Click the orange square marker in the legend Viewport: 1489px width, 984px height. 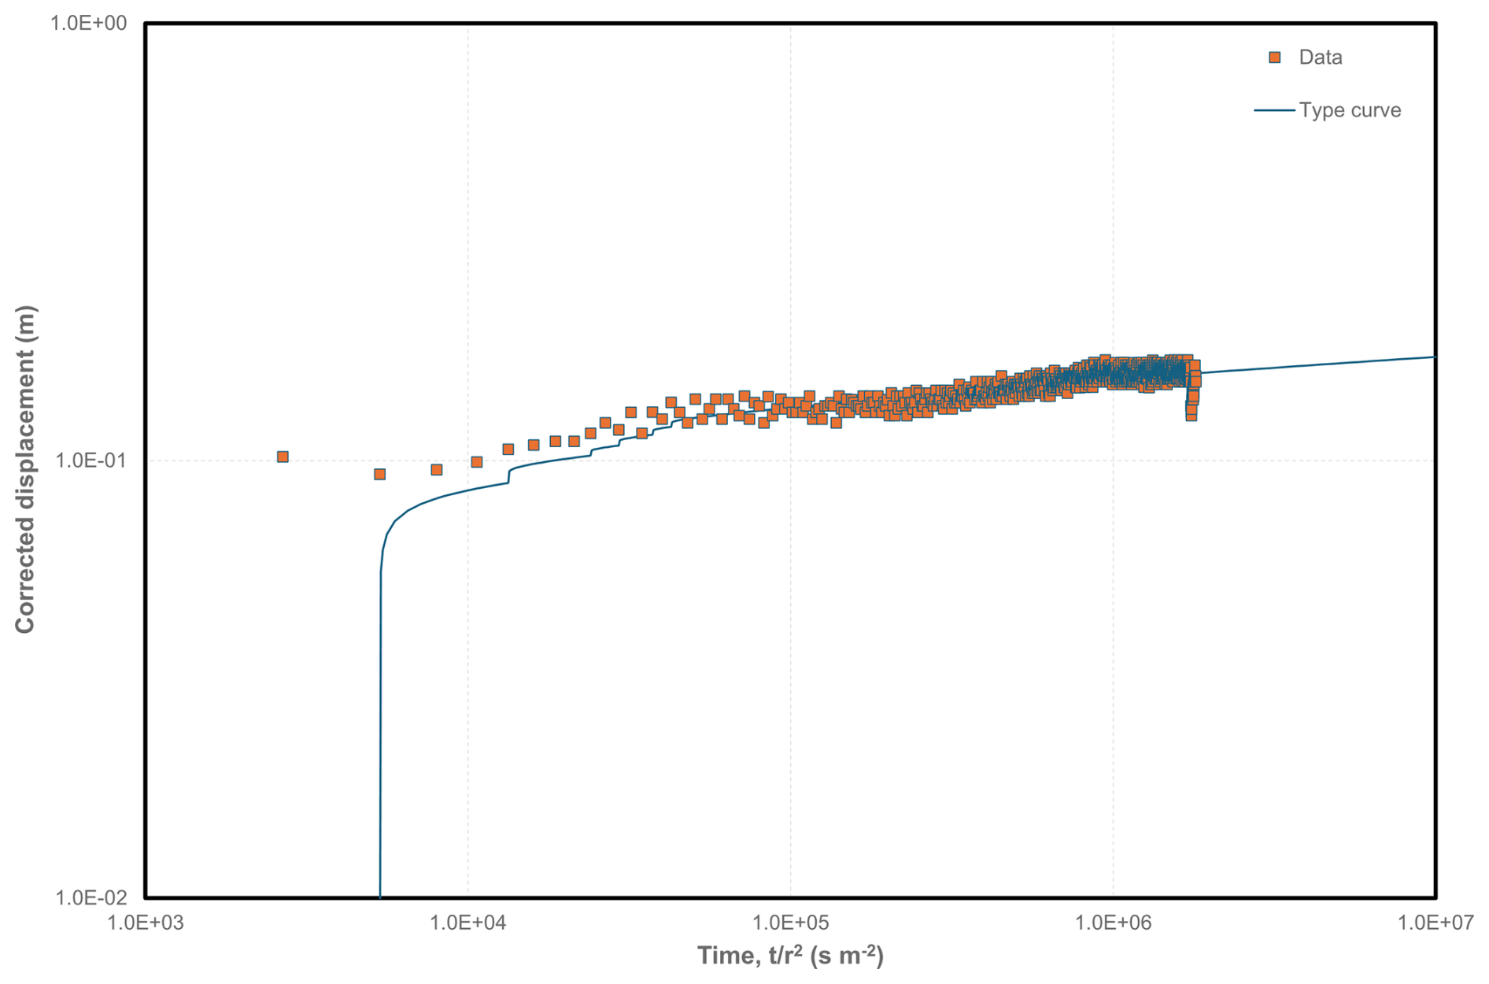click(1274, 57)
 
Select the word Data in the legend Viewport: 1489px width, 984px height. click(1320, 57)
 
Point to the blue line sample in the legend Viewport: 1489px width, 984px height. click(1273, 110)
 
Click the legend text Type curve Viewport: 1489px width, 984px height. click(1349, 110)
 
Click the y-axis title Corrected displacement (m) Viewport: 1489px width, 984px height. click(25, 469)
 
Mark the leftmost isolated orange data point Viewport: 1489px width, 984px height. click(283, 457)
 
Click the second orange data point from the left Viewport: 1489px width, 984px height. click(379, 474)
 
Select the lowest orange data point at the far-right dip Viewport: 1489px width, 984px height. click(1192, 416)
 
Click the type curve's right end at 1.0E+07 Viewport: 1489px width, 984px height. click(1434, 357)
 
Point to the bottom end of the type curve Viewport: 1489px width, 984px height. click(380, 896)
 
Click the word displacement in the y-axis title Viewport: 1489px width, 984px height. click(25, 441)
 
